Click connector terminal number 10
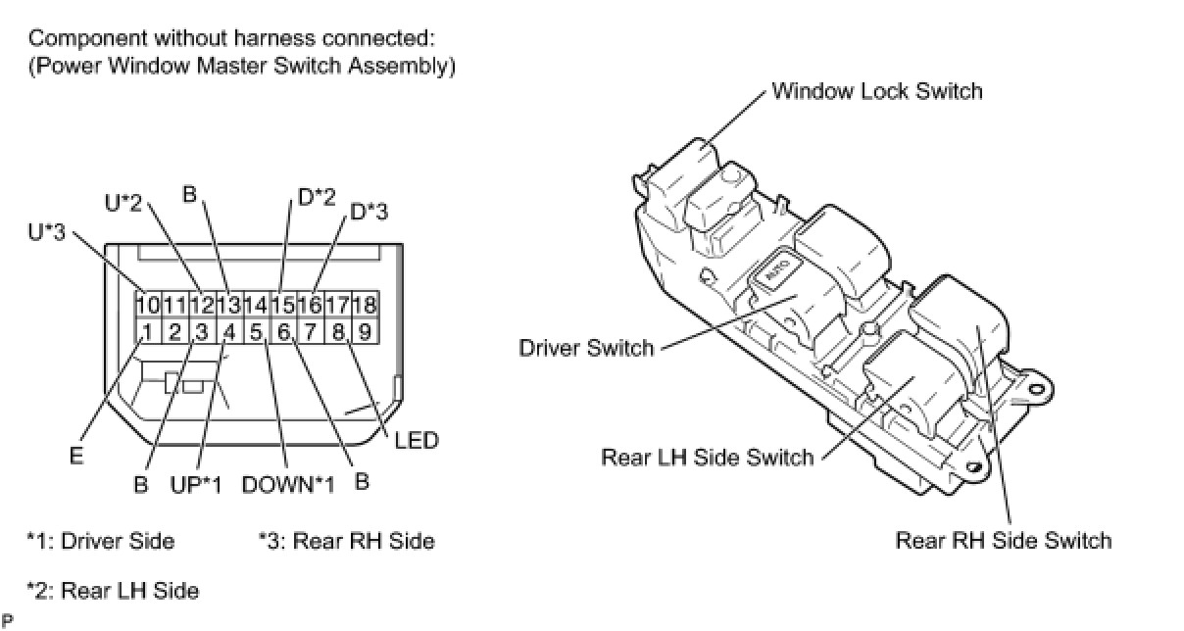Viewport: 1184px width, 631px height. point(147,305)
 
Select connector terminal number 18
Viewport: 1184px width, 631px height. point(365,305)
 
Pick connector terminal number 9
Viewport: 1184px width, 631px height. point(365,331)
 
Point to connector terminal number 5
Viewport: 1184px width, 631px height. point(256,331)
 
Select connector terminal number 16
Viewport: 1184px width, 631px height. point(310,305)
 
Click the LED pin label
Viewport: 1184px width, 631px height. point(417,440)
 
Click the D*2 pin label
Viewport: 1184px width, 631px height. point(317,197)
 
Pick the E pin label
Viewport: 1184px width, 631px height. point(76,456)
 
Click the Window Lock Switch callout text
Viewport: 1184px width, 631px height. point(876,91)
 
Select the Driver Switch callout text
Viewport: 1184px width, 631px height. point(586,348)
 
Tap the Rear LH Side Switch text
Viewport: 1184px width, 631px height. point(707,457)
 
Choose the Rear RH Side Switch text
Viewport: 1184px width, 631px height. point(1004,540)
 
